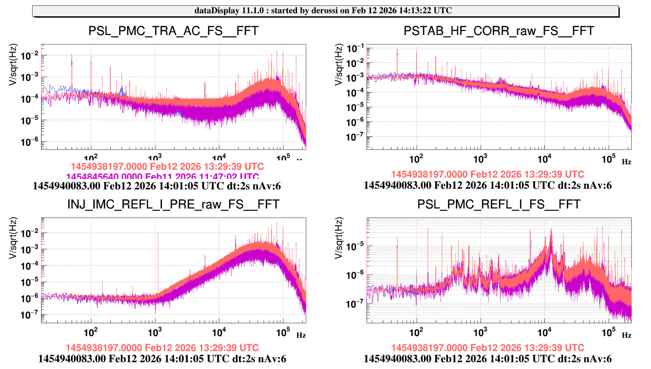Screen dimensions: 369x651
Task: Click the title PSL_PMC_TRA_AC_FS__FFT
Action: tap(173, 31)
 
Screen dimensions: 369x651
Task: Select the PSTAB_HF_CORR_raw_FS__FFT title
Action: tap(499, 31)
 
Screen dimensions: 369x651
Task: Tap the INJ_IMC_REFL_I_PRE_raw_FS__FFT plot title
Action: tap(173, 204)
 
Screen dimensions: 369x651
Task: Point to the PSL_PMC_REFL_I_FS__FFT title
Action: tap(499, 204)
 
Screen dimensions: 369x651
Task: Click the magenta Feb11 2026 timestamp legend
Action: tap(162, 177)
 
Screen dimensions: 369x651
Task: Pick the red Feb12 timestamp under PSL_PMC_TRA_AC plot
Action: tap(167, 167)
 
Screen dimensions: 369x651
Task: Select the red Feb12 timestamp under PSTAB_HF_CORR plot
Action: tap(488, 174)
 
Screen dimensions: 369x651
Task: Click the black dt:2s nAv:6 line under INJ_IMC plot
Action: tap(162, 359)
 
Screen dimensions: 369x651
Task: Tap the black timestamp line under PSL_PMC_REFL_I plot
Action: tap(487, 359)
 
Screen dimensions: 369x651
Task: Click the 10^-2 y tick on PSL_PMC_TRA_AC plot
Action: tap(29, 55)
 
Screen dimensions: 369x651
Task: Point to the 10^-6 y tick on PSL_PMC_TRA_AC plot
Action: tap(29, 142)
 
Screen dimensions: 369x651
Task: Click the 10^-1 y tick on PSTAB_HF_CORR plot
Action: tap(355, 48)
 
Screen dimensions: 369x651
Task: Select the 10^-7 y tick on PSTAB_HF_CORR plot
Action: tap(355, 137)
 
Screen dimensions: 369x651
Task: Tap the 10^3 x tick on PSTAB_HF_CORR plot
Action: tap(480, 159)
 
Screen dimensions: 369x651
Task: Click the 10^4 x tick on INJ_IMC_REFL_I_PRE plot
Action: tap(219, 332)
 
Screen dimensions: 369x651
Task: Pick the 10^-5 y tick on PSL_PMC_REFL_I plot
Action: tap(355, 247)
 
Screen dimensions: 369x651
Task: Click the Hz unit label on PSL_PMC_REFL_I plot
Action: tap(627, 335)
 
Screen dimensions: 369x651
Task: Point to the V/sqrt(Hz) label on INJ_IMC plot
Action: tap(13, 238)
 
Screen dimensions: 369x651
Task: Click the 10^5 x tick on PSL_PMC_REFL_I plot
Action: tap(609, 332)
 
